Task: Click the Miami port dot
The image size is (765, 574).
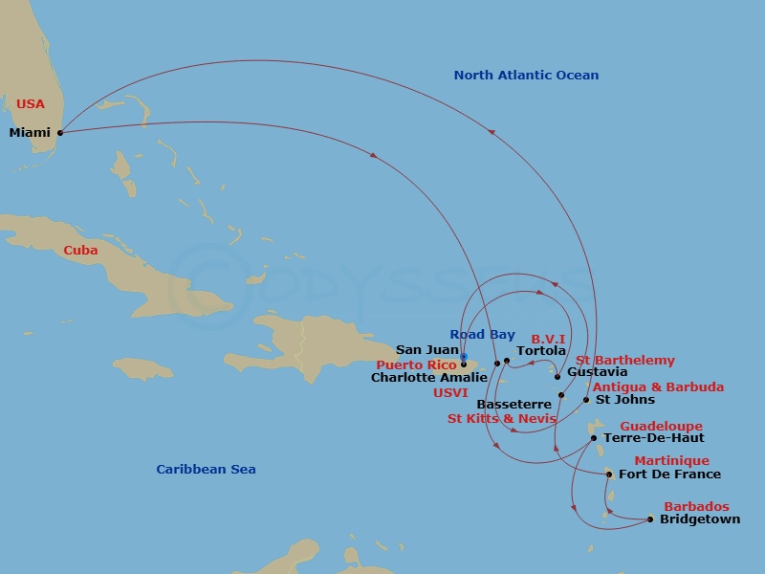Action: point(59,132)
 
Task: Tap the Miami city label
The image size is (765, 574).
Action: point(30,133)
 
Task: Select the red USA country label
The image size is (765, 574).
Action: point(30,103)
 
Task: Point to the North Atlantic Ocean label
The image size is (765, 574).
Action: point(526,76)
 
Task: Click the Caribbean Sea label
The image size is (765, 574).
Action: point(206,470)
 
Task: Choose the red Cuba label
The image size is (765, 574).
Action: point(80,251)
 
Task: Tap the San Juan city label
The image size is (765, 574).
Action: point(427,350)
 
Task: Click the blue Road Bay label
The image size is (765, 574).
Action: point(482,335)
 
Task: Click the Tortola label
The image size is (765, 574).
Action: point(541,351)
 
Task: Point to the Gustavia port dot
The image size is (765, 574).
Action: point(557,376)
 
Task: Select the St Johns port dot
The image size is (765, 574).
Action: point(586,400)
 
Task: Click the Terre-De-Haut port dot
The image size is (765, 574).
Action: point(594,438)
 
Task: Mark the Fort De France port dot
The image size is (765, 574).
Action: point(609,474)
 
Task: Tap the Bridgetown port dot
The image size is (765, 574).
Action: point(650,519)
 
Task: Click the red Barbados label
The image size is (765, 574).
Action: point(696,507)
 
